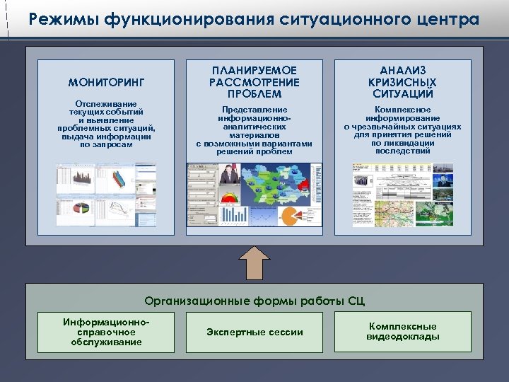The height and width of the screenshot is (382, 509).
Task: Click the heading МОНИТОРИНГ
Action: tap(107, 83)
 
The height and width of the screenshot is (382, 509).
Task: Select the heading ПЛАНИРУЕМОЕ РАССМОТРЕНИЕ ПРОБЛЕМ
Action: tap(254, 82)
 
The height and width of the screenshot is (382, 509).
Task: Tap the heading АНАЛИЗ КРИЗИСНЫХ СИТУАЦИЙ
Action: tap(402, 82)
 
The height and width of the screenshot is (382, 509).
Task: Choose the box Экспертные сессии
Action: tap(255, 332)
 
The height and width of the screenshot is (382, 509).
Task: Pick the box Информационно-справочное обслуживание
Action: tap(106, 332)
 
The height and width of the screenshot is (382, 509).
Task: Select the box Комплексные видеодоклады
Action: tap(402, 332)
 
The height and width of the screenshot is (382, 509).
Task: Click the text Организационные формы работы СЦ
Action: tap(255, 300)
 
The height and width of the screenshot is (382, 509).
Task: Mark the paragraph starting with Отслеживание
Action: tap(106, 124)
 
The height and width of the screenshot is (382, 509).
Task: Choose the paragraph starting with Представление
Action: tap(254, 130)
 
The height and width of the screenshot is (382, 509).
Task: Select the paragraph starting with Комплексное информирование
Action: tap(402, 130)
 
